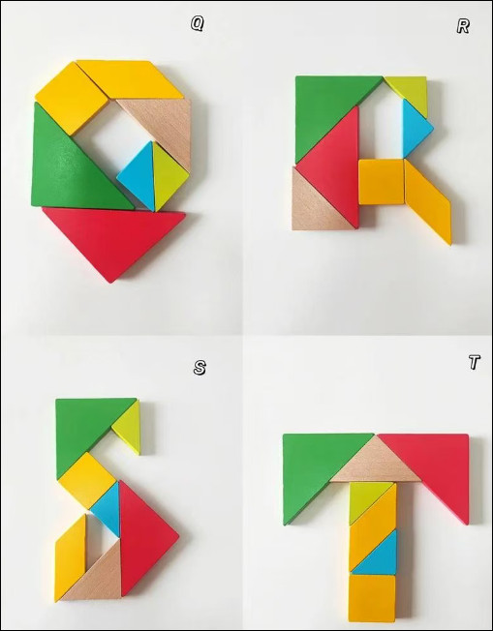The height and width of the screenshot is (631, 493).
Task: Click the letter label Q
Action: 198,24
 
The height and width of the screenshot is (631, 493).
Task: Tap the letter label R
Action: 463,26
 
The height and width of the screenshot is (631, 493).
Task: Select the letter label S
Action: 200,368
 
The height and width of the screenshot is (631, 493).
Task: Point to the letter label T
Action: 475,362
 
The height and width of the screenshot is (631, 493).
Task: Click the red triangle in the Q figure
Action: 112,233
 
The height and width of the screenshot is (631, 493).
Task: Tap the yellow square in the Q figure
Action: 72,98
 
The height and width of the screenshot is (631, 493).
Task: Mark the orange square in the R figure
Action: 381,182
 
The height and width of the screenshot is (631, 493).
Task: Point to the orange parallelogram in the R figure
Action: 428,201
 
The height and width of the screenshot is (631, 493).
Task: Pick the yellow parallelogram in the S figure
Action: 71,557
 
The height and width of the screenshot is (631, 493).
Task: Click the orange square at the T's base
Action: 372,598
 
